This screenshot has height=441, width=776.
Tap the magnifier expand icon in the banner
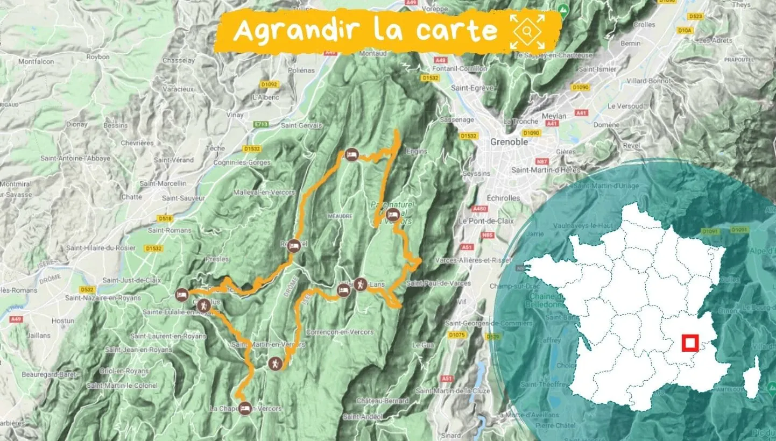click(527, 32)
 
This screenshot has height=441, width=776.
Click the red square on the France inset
click(689, 343)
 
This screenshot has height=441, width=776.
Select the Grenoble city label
click(509, 142)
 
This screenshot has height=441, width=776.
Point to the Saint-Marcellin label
click(163, 183)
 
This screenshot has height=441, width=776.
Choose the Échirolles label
click(503, 198)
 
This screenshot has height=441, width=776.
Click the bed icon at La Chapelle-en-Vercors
click(245, 407)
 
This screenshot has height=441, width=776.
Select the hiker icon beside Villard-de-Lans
click(361, 284)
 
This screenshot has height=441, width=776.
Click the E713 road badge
click(262, 125)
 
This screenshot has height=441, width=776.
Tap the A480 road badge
click(478, 209)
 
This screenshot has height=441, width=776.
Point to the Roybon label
click(97, 57)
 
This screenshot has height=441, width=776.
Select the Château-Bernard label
click(382, 401)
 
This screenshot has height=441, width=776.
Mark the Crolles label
click(644, 25)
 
